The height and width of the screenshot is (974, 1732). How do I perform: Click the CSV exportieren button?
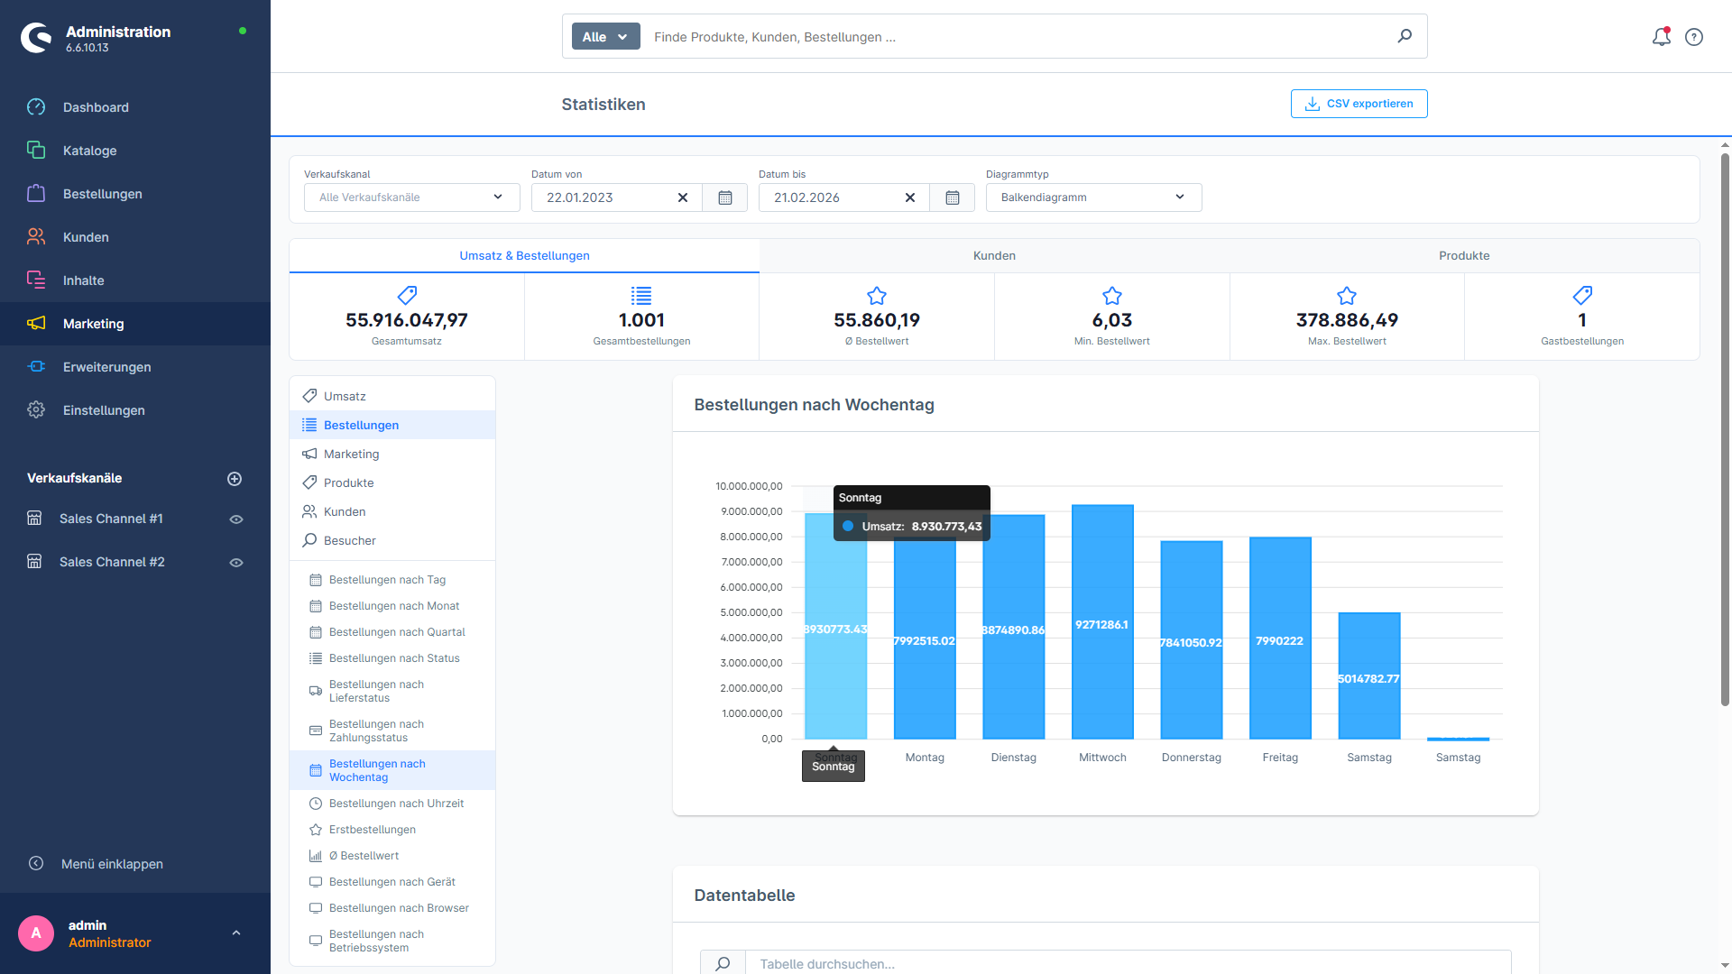pos(1359,104)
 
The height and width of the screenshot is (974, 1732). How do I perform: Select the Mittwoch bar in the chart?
pos(1102,622)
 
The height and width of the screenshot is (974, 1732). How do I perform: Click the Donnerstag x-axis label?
pos(1191,758)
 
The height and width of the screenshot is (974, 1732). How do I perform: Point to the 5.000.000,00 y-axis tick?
pos(751,612)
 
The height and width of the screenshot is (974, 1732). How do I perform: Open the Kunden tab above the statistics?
pos(994,256)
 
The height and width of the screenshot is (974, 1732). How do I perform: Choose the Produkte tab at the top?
pos(1463,256)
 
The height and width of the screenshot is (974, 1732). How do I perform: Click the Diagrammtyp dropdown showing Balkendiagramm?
pos(1092,198)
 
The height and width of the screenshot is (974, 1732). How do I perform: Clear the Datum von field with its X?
pos(683,198)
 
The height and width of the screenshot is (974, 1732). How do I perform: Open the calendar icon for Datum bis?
pos(952,198)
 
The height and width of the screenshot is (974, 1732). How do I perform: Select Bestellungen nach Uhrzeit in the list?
pos(396,804)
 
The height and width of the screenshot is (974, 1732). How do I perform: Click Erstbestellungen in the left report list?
pos(372,830)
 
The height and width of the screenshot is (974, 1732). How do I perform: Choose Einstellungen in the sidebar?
pos(103,410)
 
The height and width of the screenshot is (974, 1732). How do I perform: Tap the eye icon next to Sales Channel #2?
pos(236,563)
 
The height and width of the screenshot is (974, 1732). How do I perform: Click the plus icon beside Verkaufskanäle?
pos(235,479)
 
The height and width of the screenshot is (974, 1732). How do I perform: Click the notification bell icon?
pos(1661,37)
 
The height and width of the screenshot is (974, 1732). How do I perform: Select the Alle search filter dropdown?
pos(604,37)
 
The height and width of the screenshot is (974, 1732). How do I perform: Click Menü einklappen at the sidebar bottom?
pos(111,864)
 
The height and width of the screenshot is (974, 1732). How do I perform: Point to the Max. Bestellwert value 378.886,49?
pos(1346,320)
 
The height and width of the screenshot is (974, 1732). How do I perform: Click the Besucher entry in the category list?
pos(349,541)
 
